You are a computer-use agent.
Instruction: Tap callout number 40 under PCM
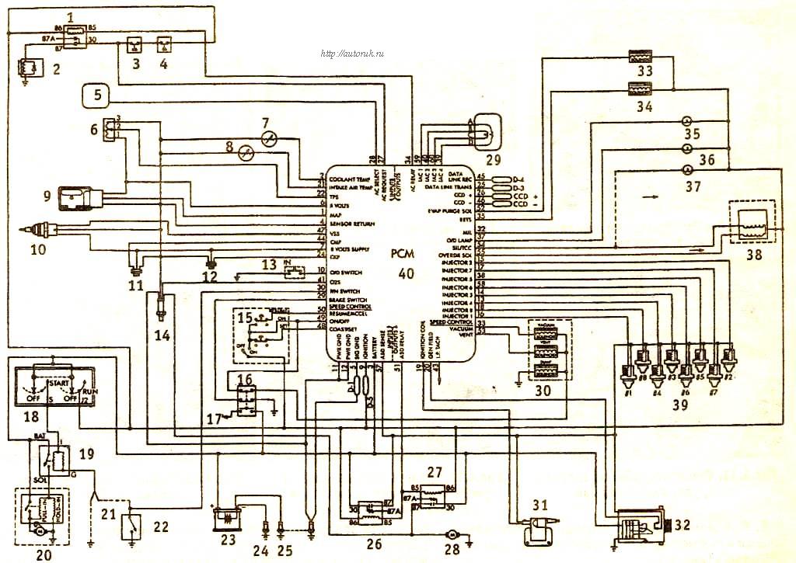[406, 273]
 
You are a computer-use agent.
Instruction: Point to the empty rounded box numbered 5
[97, 97]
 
